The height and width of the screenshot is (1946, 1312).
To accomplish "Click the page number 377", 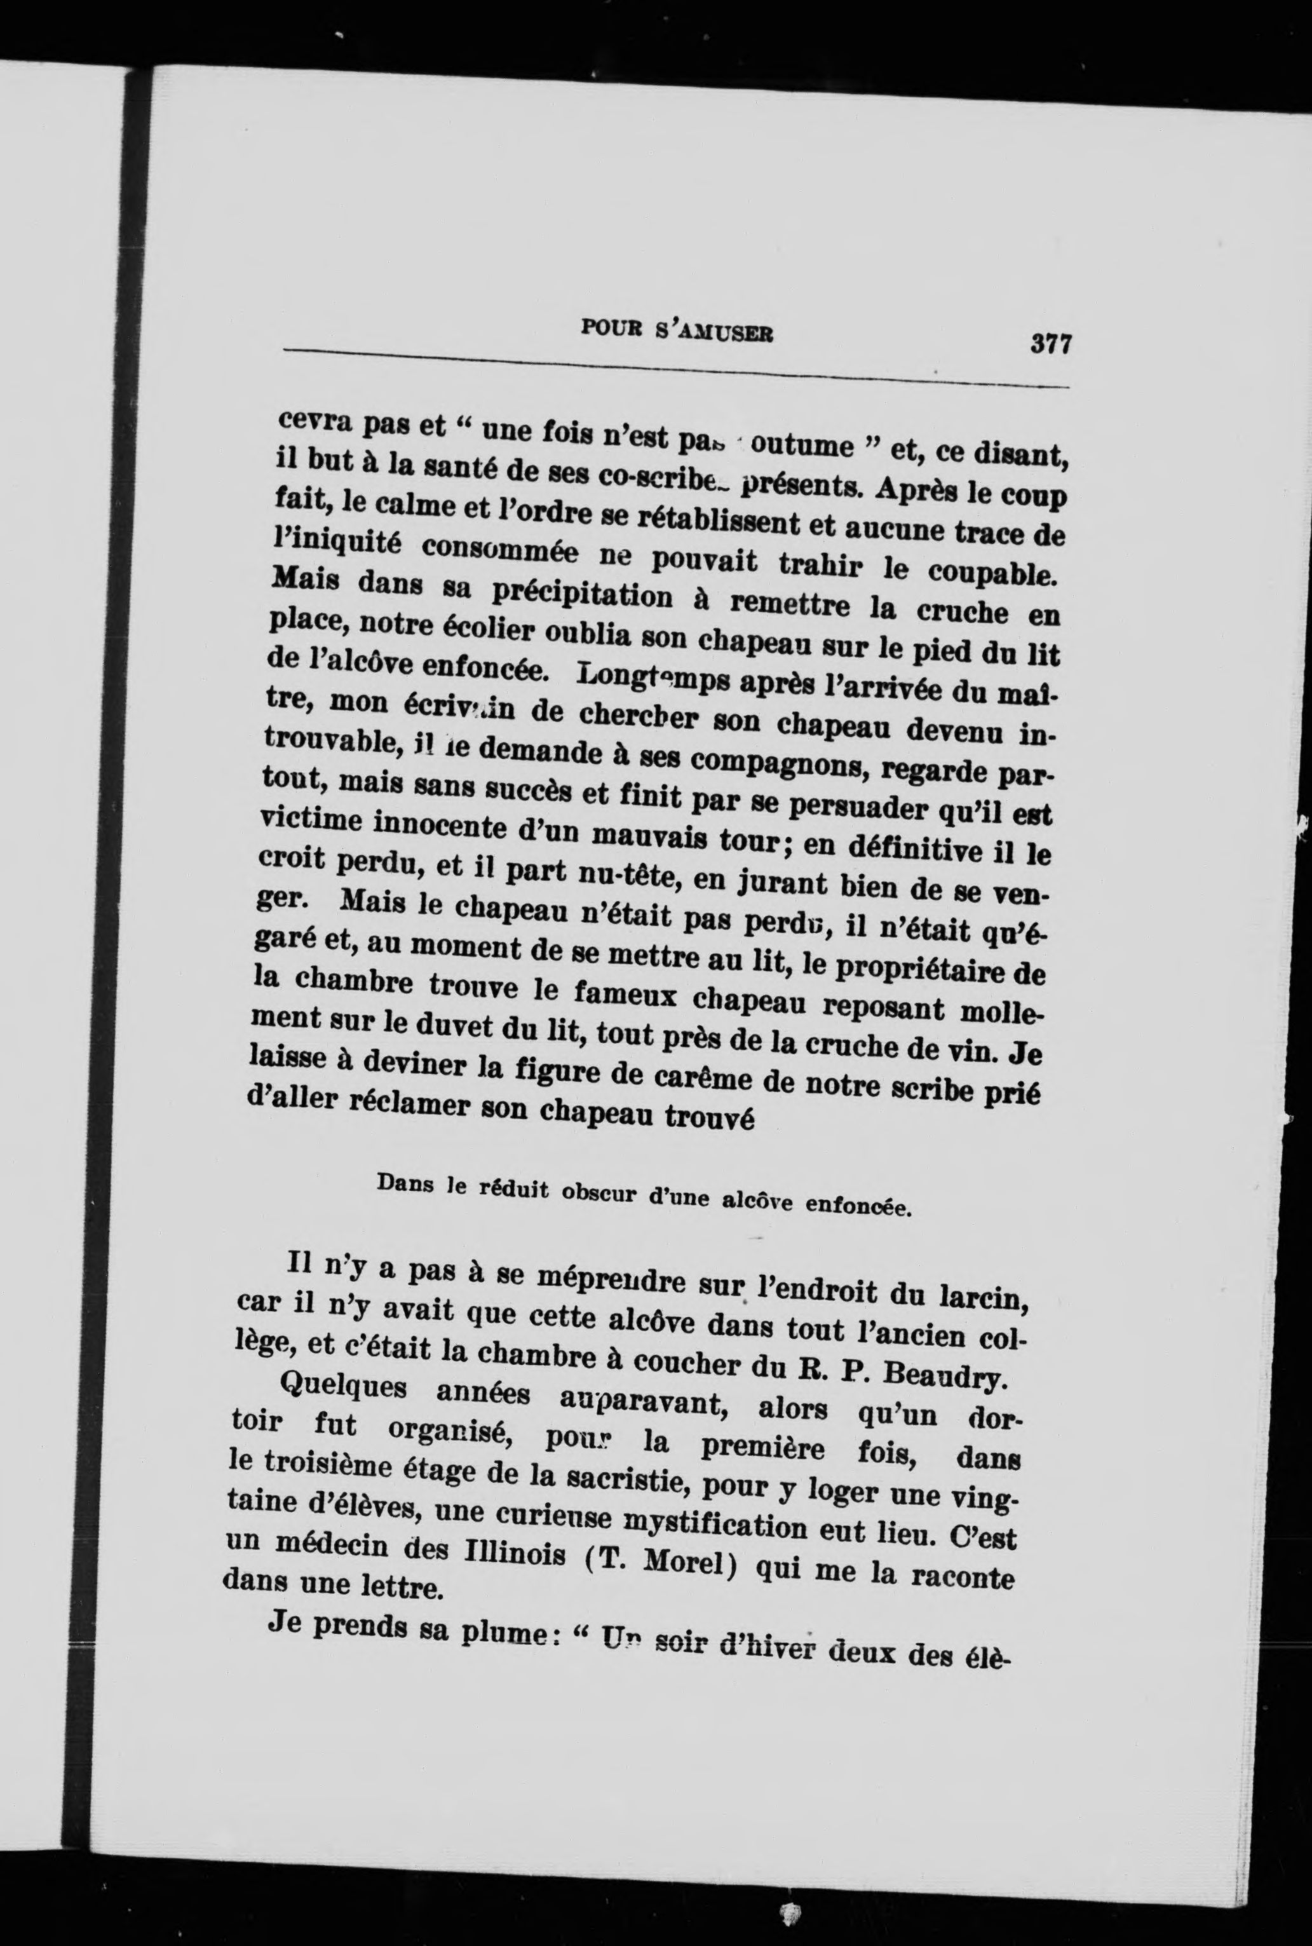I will click(x=1051, y=343).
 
